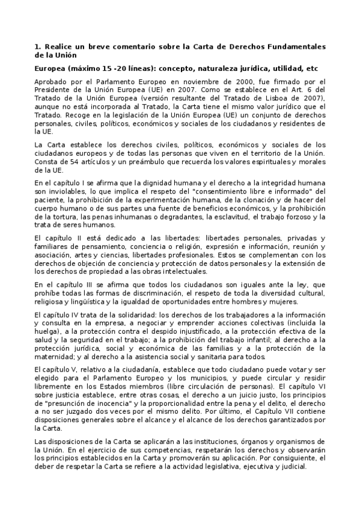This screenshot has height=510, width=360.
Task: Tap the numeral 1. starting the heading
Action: [x=38, y=46]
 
